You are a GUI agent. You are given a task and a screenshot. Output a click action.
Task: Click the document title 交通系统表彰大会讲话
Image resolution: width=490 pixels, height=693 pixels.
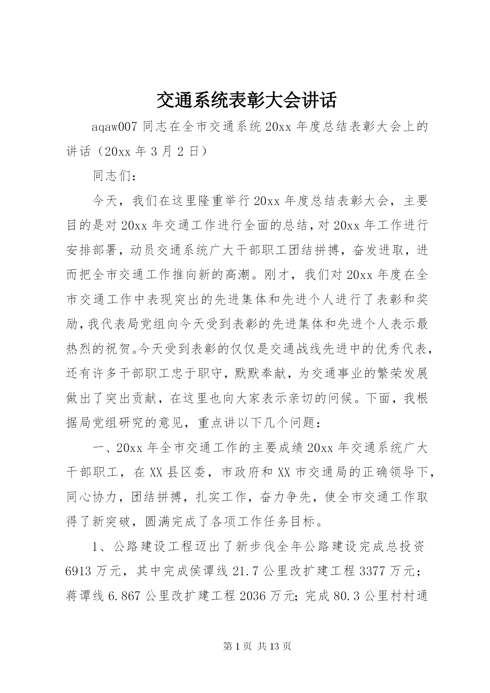pyautogui.click(x=246, y=100)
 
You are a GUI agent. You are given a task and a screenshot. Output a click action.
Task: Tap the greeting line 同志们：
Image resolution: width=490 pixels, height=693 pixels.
pyautogui.click(x=115, y=176)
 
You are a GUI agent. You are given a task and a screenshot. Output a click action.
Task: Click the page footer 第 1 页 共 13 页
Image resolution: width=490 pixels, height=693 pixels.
pyautogui.click(x=257, y=646)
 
